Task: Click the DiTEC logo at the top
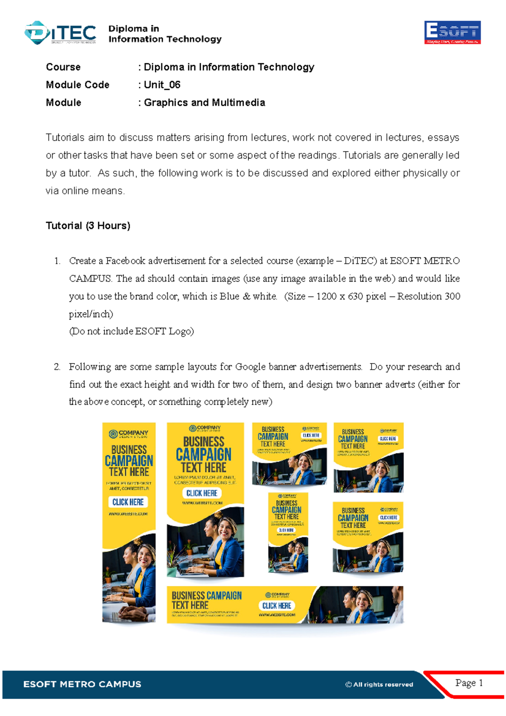coord(60,32)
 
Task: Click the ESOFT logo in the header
coord(452,32)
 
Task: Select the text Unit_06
coord(162,85)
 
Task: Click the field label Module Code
coord(78,85)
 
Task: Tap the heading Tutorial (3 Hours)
coord(88,226)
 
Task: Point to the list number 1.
coord(57,261)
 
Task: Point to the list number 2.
coord(57,367)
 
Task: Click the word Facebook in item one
coord(125,261)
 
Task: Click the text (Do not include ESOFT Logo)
coord(131,331)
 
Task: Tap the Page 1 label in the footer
coord(468,683)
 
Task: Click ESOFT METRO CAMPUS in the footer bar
coord(82,684)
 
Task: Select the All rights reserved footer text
coord(379,684)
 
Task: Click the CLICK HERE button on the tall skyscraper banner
coord(128,502)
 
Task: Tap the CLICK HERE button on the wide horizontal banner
coord(277,606)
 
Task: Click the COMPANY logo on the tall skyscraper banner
coord(128,434)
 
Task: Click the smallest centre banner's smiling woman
coord(298,550)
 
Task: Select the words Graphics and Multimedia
coord(205,102)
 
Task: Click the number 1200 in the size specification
coord(326,296)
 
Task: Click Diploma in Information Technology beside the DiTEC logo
coord(164,34)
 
